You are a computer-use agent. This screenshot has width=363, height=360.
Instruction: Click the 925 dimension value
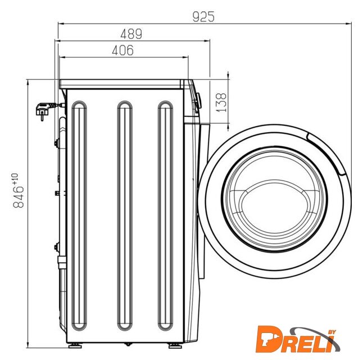203,17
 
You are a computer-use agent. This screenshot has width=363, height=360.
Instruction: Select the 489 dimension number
131,34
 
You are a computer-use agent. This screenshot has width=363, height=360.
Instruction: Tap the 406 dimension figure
122,50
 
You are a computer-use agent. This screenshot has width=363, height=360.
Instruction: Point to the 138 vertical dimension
221,102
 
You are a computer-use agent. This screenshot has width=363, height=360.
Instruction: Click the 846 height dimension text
19,197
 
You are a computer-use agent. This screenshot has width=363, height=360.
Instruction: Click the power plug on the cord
43,111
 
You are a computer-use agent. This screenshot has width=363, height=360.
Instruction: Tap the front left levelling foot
75,346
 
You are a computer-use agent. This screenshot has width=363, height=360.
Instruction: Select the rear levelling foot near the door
175,346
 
